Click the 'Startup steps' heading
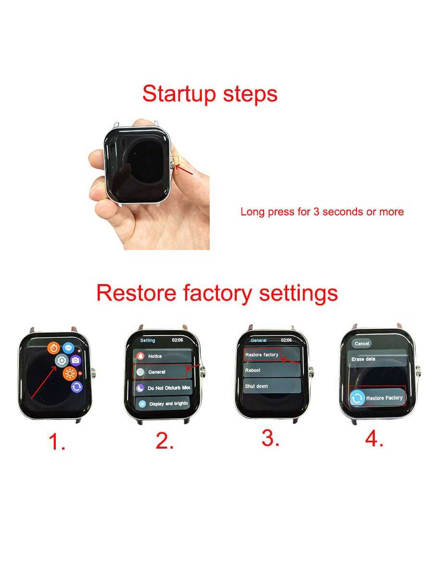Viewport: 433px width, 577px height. pos(210,94)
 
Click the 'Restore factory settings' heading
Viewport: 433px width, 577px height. pos(217,294)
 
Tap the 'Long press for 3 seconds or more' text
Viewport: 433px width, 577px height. pos(322,212)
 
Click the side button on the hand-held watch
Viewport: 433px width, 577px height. pos(172,165)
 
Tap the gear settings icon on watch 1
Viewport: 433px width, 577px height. pos(62,361)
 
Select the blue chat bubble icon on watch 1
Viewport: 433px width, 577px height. pos(68,348)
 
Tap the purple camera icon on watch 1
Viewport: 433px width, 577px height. pos(76,360)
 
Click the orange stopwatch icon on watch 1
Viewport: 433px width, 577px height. pos(53,348)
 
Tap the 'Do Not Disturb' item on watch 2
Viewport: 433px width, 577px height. pos(163,388)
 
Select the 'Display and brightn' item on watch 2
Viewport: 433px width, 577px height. pos(163,403)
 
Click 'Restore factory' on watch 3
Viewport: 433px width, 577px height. pos(262,355)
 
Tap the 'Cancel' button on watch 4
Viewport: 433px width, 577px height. pos(361,344)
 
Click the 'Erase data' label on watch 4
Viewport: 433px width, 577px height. pos(363,359)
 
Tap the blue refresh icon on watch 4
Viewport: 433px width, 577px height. pos(357,398)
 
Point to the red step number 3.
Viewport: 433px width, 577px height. pos(270,439)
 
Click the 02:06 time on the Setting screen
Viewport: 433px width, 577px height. pos(178,340)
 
